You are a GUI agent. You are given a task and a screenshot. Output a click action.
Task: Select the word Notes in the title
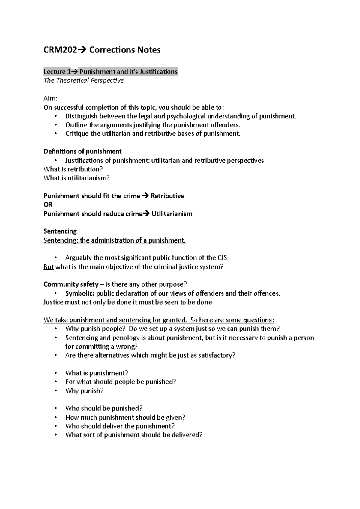(149, 50)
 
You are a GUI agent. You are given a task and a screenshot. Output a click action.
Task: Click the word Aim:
(50, 98)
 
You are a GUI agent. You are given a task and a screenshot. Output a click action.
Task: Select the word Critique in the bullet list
(77, 134)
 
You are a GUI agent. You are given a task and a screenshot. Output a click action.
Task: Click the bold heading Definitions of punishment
(82, 151)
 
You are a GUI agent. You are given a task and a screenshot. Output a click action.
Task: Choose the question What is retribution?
(73, 169)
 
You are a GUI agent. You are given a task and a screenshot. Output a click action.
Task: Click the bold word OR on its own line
(48, 204)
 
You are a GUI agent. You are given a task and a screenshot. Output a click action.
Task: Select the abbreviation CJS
(222, 258)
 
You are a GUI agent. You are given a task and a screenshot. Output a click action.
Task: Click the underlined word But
(49, 266)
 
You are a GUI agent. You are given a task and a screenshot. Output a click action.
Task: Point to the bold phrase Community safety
(71, 284)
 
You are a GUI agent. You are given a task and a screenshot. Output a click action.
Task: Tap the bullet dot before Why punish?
(56, 391)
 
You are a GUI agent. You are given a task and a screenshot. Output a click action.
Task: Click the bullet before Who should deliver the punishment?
(56, 426)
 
